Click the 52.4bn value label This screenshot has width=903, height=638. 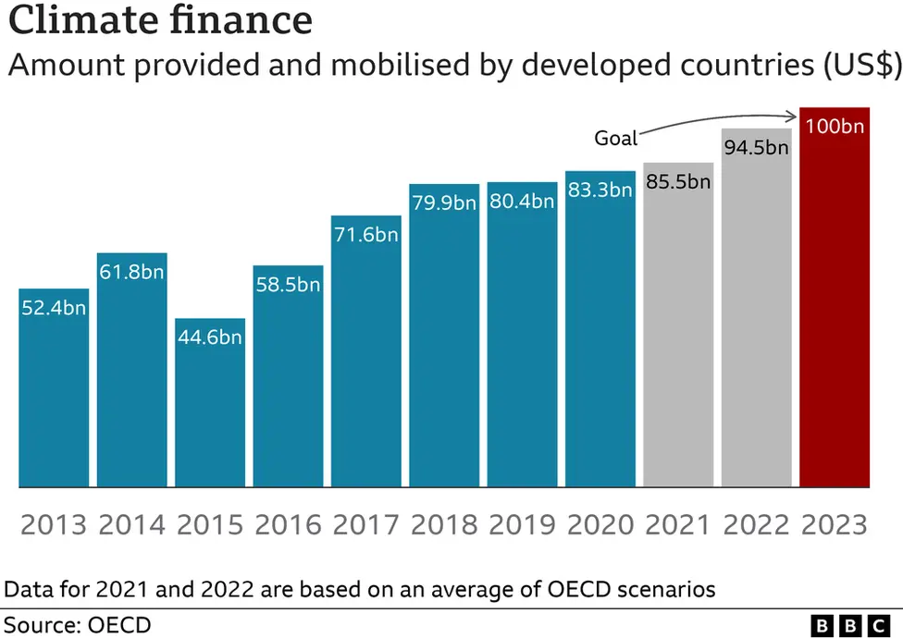point(54,308)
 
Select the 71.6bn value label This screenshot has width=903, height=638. point(366,235)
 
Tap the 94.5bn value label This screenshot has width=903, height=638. point(757,147)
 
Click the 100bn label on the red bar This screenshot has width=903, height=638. point(835,126)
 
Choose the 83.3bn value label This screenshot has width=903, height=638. point(600,190)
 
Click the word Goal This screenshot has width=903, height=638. point(616,139)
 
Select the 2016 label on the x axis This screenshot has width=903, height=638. point(288,524)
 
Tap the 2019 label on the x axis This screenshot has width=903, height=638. point(522,524)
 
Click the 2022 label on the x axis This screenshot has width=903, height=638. point(757,524)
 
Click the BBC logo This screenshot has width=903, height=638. point(847,625)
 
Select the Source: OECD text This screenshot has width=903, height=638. point(78,624)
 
